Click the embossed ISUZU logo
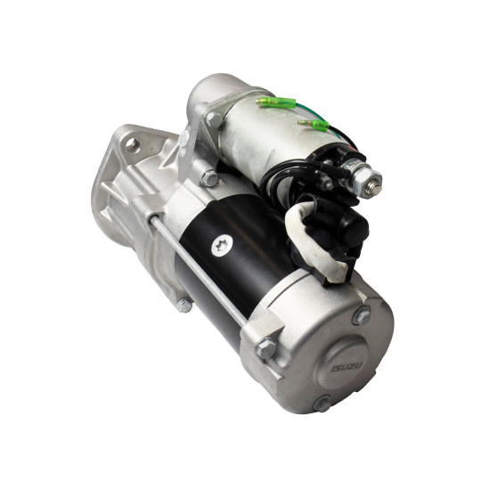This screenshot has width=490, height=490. [x=347, y=367]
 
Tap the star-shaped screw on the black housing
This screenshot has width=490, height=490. [x=222, y=245]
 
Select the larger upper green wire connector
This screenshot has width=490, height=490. [x=276, y=102]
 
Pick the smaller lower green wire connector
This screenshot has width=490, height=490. [x=313, y=125]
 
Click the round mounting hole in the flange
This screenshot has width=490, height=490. [x=133, y=145]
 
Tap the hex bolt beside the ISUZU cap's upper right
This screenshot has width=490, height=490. [x=361, y=315]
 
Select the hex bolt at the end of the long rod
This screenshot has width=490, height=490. [x=265, y=347]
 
